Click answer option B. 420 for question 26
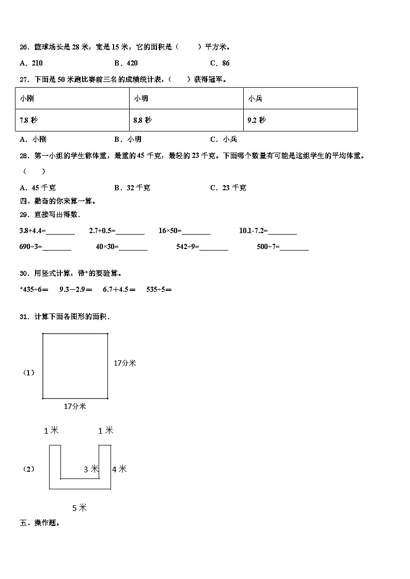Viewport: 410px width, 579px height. pyautogui.click(x=126, y=63)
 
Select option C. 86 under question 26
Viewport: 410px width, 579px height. pyautogui.click(x=220, y=63)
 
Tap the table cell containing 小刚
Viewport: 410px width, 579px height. pyautogui.click(x=72, y=98)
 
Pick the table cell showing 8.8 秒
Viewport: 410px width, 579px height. pyautogui.click(x=186, y=120)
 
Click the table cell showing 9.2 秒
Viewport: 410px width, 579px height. pyautogui.click(x=300, y=120)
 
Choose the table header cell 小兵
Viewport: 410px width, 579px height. pyautogui.click(x=300, y=98)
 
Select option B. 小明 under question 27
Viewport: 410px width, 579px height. pyautogui.click(x=128, y=139)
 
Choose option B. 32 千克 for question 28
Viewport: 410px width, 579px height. pyautogui.click(x=132, y=188)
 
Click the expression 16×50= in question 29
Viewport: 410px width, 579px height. pyautogui.click(x=170, y=231)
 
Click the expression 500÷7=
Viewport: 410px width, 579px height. pyautogui.click(x=269, y=247)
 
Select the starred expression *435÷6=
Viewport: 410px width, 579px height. pyautogui.click(x=34, y=290)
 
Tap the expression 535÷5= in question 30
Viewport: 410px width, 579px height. pyautogui.click(x=159, y=290)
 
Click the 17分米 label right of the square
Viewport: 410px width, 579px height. pyautogui.click(x=125, y=363)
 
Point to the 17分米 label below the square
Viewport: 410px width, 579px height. pyautogui.click(x=75, y=406)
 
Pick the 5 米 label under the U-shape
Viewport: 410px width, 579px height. pyautogui.click(x=80, y=508)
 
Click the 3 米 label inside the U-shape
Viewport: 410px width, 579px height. pyautogui.click(x=91, y=469)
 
